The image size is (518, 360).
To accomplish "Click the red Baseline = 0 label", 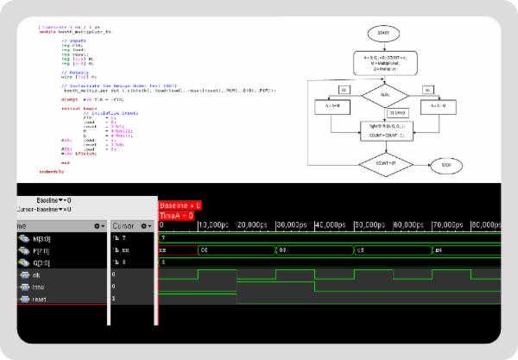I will (180, 205).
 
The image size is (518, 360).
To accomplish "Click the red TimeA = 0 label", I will (177, 216).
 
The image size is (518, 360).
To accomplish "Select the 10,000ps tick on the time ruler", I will (217, 225).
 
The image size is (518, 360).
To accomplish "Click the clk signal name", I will (35, 274).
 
